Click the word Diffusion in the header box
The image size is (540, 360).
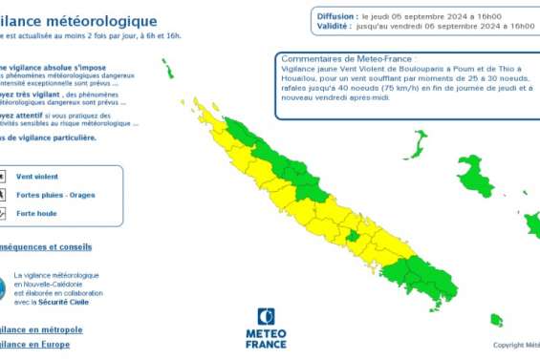tap(335, 16)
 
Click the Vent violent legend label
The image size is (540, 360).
tap(37, 177)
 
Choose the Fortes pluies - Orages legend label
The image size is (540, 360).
tap(55, 195)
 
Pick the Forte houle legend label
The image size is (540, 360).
tap(37, 213)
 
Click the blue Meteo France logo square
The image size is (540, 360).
tap(266, 316)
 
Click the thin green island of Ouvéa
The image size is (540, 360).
tap(417, 144)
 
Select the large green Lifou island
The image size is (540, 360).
tap(474, 178)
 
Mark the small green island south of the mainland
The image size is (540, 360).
tap(496, 319)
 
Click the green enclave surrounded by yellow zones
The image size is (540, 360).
tap(352, 235)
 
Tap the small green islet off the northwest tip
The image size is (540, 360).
tap(167, 69)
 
